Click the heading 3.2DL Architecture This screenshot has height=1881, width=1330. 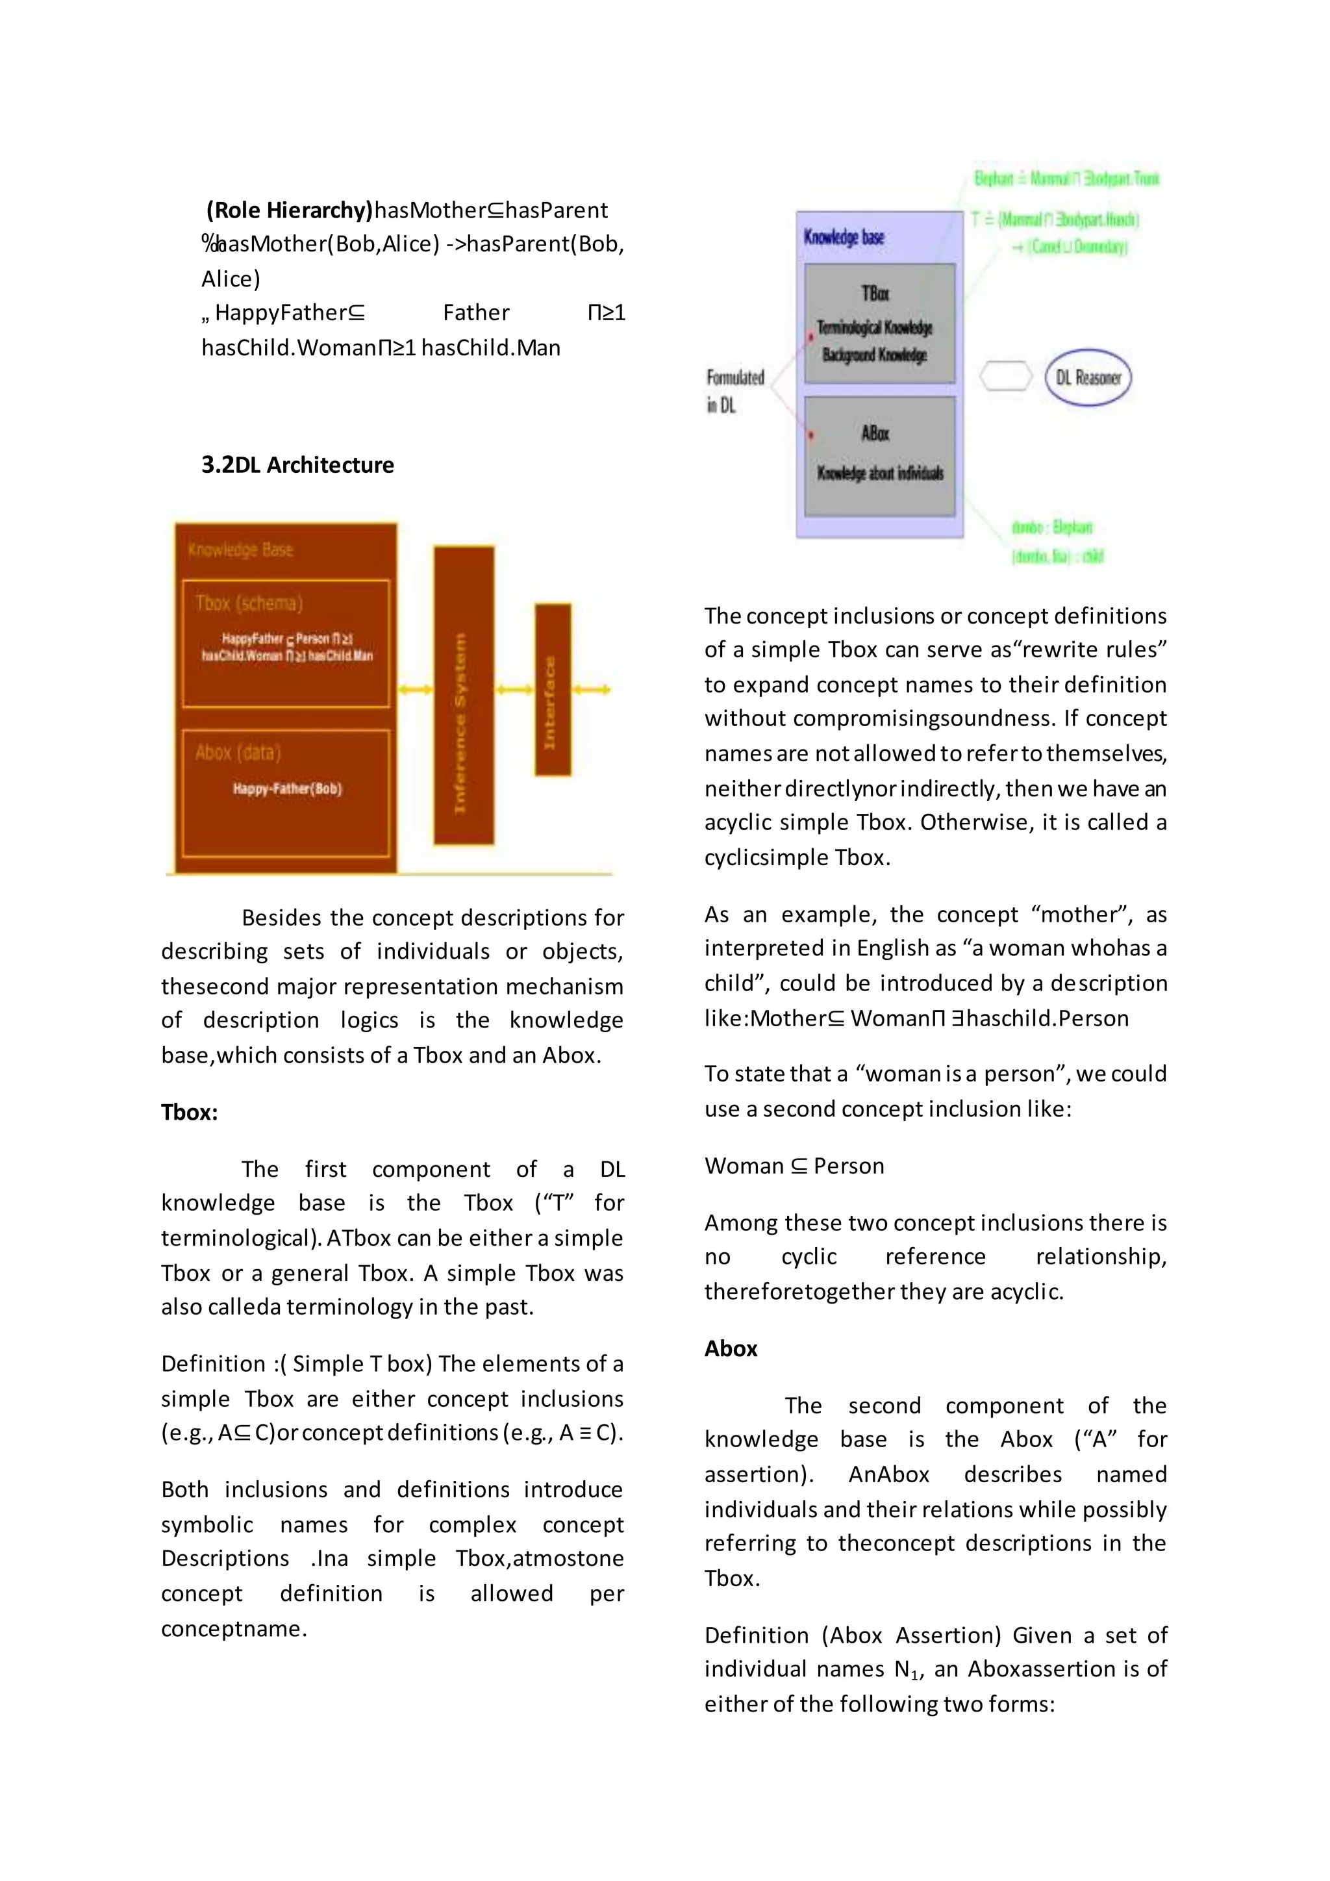[x=297, y=464]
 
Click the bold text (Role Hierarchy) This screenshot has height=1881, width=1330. [x=289, y=210]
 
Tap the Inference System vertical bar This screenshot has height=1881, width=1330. [x=464, y=695]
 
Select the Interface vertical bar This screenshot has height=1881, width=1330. [x=553, y=690]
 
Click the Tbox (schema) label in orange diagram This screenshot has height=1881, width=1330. [x=249, y=604]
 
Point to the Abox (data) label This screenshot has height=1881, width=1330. [x=238, y=752]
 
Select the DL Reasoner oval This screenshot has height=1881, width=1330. [x=1088, y=377]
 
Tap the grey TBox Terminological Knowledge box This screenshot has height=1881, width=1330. [x=879, y=323]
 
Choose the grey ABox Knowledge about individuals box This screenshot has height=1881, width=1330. [x=879, y=455]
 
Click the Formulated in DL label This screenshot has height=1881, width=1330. [x=734, y=391]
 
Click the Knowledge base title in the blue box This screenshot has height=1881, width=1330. [x=844, y=238]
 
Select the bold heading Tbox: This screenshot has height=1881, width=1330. [x=189, y=1113]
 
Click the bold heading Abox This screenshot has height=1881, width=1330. [x=731, y=1348]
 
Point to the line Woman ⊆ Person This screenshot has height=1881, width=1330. [x=794, y=1166]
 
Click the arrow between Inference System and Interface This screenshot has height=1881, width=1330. [x=514, y=690]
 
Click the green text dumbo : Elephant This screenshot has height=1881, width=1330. [x=1051, y=527]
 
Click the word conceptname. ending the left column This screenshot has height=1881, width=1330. [x=233, y=1629]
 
